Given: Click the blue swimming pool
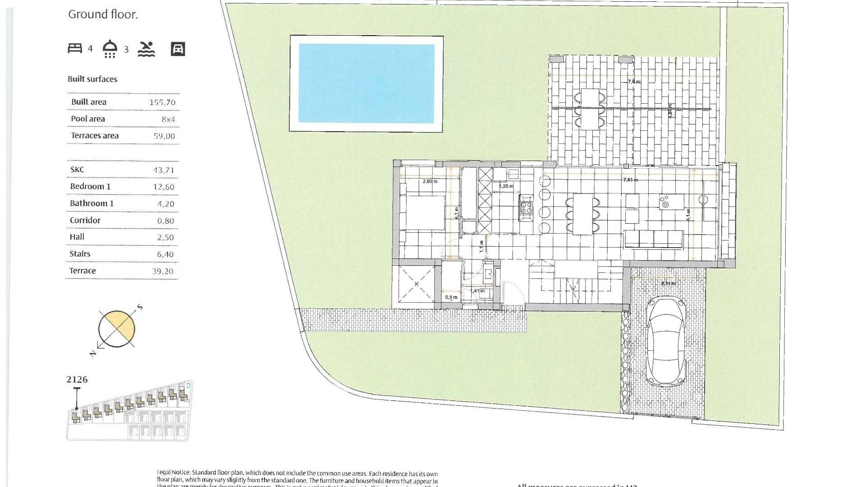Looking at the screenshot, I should tap(366, 83).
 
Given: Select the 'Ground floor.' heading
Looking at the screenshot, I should tap(103, 14).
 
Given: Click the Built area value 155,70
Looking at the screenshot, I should tap(162, 102).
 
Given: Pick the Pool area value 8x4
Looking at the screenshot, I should tap(168, 119).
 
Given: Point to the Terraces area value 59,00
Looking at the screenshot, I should tap(164, 136).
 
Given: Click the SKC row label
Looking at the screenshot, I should tap(77, 170).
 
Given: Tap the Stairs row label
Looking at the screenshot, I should tap(80, 254).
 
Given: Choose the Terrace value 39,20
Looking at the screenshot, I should tap(163, 271).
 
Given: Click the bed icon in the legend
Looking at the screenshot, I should tap(75, 48).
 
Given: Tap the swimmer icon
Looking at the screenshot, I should tap(146, 49).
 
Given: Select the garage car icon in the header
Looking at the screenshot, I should tap(178, 49).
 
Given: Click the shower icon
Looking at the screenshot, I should tap(110, 49).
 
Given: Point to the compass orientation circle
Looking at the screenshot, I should tap(116, 329).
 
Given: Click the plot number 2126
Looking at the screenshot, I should tap(77, 380).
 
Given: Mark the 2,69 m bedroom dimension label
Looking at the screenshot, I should tap(430, 181).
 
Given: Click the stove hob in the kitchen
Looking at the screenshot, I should tap(527, 208).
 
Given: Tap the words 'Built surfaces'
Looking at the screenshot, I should tap(92, 79).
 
